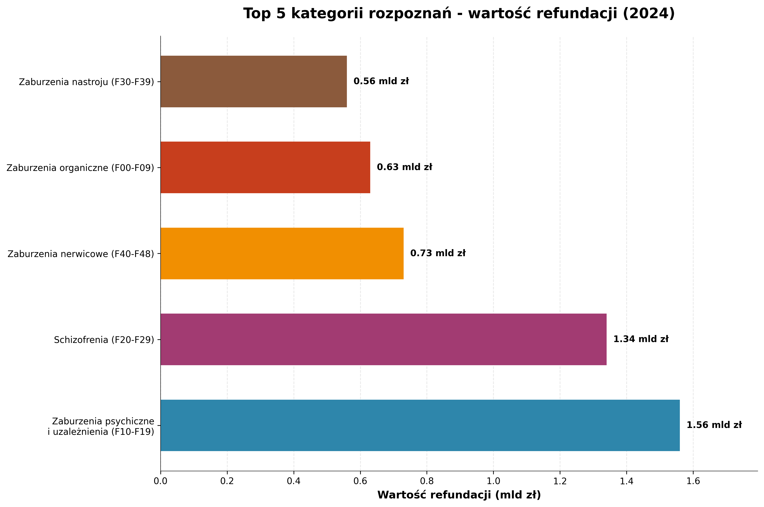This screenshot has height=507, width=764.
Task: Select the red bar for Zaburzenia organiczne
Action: click(265, 168)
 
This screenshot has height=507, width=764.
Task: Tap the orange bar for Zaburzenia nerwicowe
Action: click(282, 254)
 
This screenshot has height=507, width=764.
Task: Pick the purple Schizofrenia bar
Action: click(383, 339)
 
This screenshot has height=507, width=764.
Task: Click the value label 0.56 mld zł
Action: click(381, 81)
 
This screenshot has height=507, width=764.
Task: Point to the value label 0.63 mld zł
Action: click(404, 167)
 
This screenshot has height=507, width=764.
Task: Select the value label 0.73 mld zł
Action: click(438, 253)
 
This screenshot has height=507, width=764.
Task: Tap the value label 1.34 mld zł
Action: click(641, 339)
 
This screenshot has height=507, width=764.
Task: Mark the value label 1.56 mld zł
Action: click(714, 425)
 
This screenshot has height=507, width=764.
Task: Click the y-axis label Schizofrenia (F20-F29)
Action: click(104, 340)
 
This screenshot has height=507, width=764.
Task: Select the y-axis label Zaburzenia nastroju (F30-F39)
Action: click(87, 82)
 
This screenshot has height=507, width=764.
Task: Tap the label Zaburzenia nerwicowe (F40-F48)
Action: click(81, 254)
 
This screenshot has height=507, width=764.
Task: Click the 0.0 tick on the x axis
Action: click(161, 481)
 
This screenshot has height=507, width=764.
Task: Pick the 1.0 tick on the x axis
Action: click(494, 481)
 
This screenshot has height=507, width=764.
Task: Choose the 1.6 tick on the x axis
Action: click(693, 481)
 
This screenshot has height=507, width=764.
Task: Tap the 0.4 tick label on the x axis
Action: click(294, 481)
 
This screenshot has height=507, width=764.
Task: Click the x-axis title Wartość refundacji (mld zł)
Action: click(459, 495)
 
